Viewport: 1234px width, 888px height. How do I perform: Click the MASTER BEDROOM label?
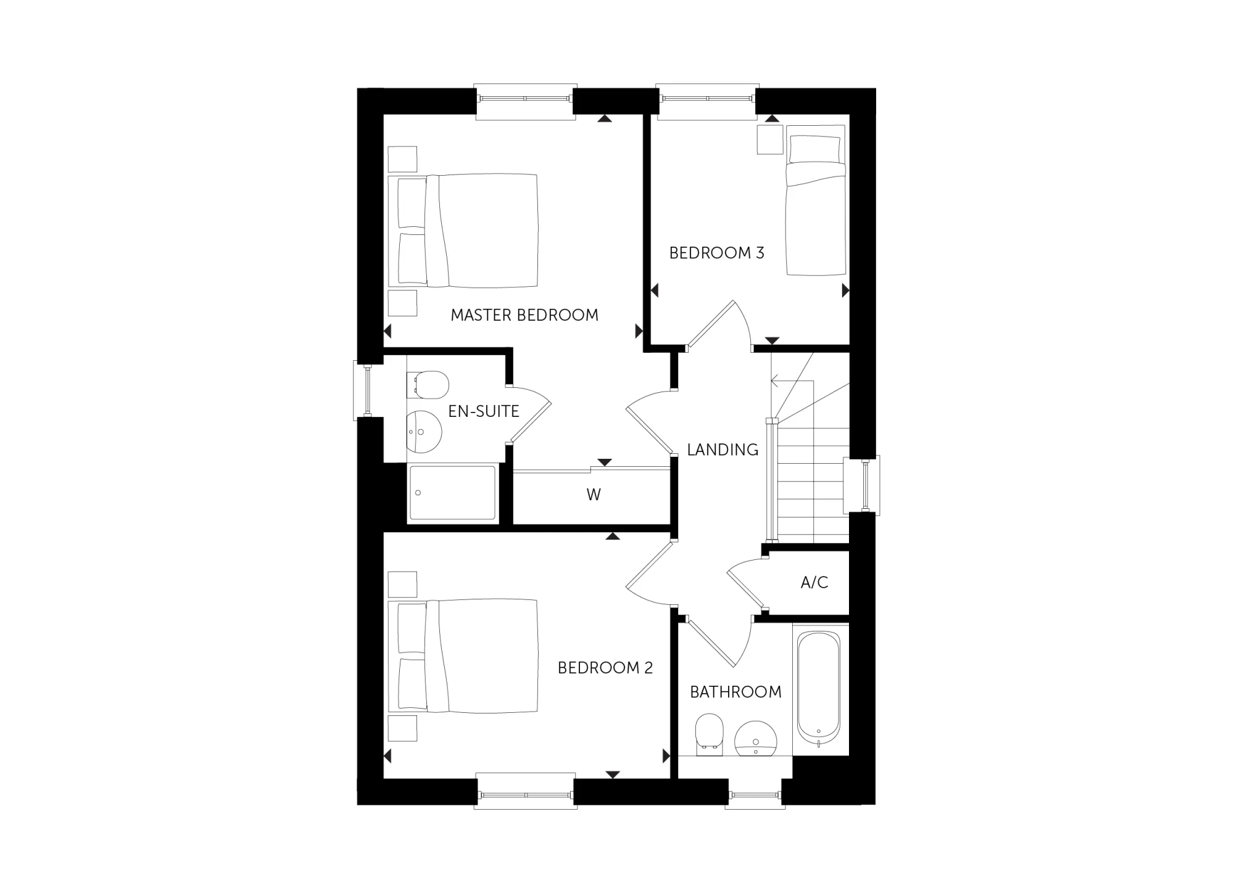pos(524,315)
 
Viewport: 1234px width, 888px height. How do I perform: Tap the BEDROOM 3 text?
pos(716,253)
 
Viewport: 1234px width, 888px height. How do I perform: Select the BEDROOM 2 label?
pos(605,668)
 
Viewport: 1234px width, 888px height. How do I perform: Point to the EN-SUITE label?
pos(484,411)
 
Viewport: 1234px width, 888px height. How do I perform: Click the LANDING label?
pos(723,450)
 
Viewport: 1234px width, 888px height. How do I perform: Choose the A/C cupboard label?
pos(814,583)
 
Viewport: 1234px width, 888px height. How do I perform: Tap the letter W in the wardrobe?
pos(594,495)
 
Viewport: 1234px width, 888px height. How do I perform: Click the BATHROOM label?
pos(735,692)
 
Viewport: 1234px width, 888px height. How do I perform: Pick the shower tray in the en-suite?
pos(453,494)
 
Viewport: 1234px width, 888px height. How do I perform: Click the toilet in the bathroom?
pos(709,734)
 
